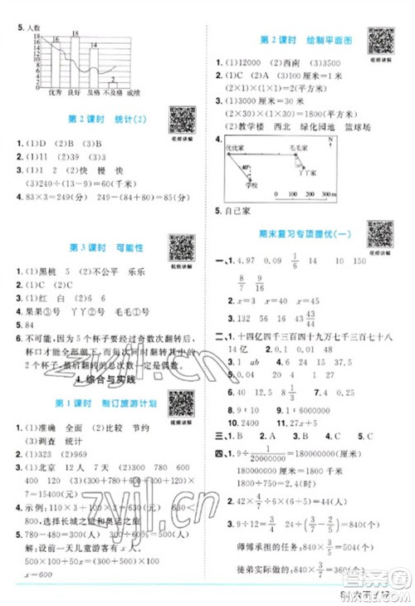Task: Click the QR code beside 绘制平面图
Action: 381,40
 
